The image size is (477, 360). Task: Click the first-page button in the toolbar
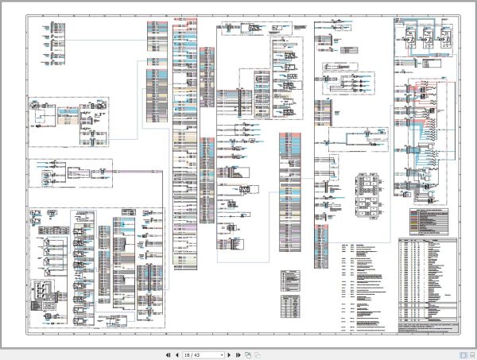[168, 354]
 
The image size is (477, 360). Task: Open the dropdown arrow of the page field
[219, 354]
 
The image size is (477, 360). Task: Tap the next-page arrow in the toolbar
[228, 354]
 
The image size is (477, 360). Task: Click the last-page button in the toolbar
[237, 354]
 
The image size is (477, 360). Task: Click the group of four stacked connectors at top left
[60, 37]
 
